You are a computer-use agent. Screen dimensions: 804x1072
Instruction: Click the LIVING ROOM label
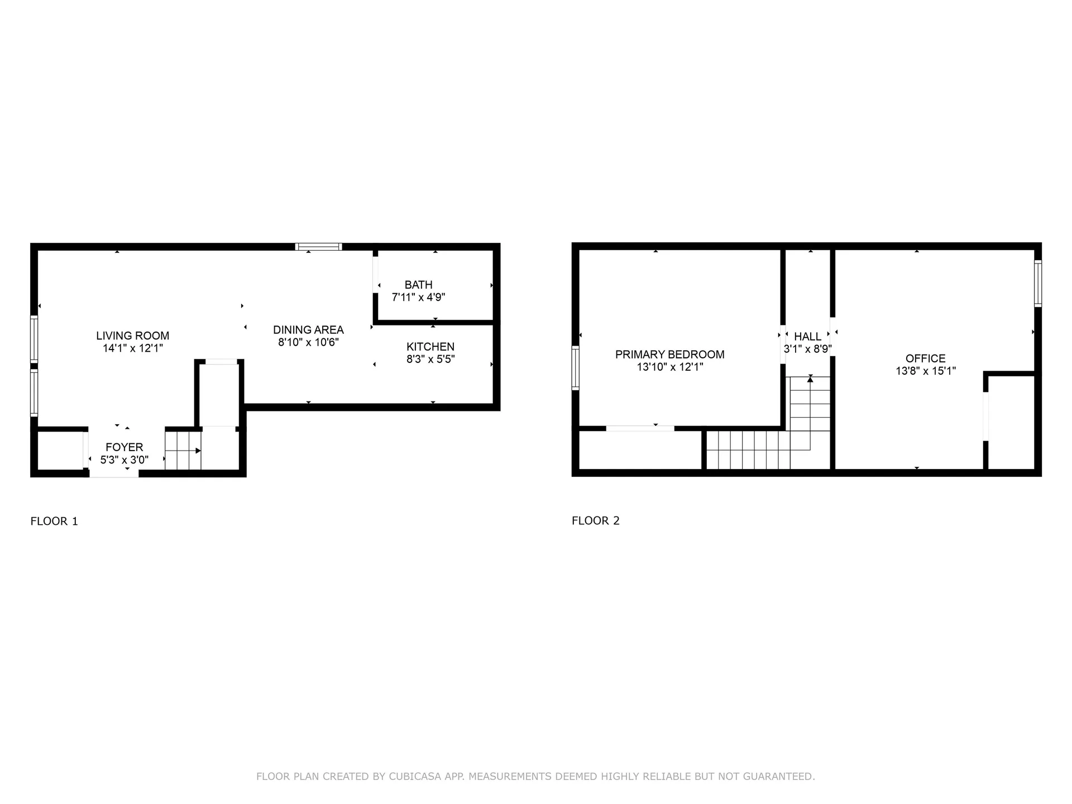click(x=132, y=336)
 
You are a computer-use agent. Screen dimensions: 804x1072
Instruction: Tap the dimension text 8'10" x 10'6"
click(x=308, y=342)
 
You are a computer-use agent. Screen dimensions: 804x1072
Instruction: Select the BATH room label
click(x=418, y=285)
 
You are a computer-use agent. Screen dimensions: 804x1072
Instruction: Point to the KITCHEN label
click(x=430, y=347)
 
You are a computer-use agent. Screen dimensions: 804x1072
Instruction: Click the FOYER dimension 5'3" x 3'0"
click(x=124, y=460)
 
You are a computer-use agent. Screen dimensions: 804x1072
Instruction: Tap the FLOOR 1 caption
click(x=54, y=521)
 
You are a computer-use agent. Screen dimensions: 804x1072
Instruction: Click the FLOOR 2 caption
click(x=595, y=520)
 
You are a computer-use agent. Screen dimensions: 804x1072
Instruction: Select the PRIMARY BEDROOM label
click(x=669, y=355)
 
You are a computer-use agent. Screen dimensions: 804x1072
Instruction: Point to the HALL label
click(x=807, y=337)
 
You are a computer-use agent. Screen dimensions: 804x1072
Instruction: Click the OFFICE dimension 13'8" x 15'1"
click(x=925, y=371)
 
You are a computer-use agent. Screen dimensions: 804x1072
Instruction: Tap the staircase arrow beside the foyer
click(x=198, y=451)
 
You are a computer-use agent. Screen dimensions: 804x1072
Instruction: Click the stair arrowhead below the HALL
click(x=810, y=380)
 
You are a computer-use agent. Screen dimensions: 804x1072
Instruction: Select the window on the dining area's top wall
click(x=318, y=247)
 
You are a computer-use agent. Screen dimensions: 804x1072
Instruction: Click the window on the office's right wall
click(x=1037, y=284)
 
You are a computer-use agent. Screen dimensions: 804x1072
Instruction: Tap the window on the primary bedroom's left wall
click(x=575, y=367)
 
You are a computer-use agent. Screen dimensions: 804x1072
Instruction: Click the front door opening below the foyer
click(x=114, y=473)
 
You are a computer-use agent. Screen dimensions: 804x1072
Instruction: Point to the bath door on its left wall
click(x=376, y=274)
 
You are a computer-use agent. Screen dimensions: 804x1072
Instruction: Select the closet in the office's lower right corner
click(x=1011, y=423)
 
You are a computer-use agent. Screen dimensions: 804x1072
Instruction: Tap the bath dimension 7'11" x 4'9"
click(x=418, y=298)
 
